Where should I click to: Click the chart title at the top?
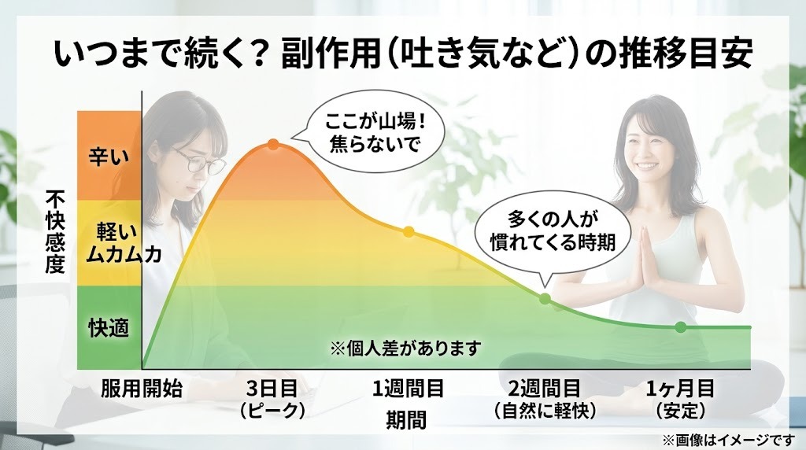tap(403, 55)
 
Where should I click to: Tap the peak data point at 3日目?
tap(273, 144)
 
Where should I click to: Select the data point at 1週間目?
tap(408, 231)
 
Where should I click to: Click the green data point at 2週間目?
tap(544, 298)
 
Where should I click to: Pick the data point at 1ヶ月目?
tap(681, 326)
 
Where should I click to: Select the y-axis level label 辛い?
tap(109, 155)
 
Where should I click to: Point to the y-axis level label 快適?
tap(109, 326)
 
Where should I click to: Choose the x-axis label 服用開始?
tap(142, 389)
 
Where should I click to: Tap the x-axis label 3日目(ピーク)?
tap(273, 399)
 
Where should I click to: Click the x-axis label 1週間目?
tap(408, 389)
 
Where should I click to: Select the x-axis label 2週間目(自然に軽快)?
tap(544, 399)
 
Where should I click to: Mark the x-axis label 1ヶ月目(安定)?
tap(680, 399)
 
